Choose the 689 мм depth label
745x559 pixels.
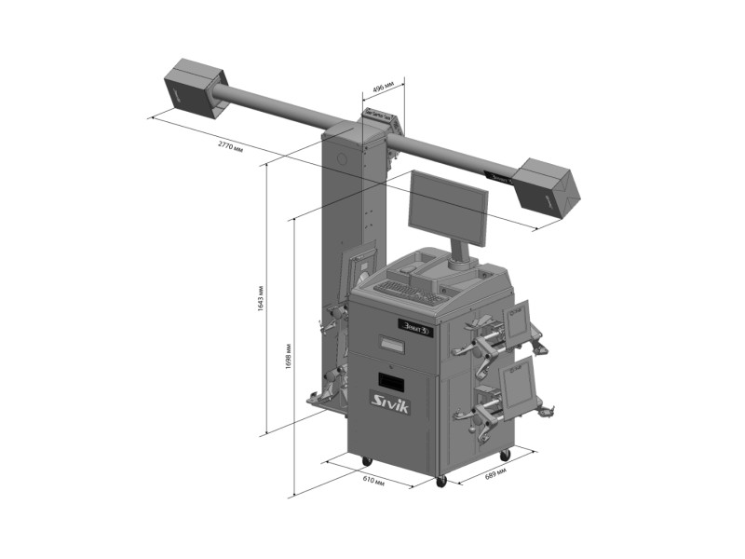pyautogui.click(x=495, y=474)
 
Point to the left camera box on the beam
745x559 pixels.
pyautogui.click(x=196, y=87)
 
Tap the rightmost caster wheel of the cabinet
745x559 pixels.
pyautogui.click(x=505, y=456)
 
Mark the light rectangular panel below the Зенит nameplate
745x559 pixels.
pyautogui.click(x=392, y=344)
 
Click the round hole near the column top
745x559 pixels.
pyautogui.click(x=342, y=158)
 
